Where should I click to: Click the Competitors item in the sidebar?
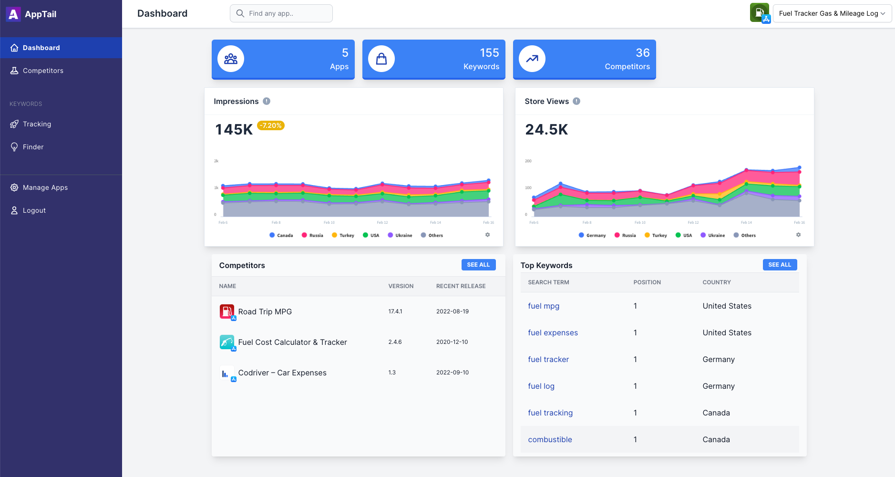43,71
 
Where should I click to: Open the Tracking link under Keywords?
37,124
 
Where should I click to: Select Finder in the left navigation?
33,147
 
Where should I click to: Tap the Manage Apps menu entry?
45,187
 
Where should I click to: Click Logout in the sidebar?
34,210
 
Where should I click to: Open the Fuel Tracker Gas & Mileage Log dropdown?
832,13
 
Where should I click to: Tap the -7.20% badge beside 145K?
270,125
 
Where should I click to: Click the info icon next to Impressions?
267,101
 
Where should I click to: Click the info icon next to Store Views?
576,101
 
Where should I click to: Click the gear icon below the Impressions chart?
487,235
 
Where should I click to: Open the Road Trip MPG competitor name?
265,311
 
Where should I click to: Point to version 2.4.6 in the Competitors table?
395,342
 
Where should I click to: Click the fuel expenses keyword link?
553,332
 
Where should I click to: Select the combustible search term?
550,439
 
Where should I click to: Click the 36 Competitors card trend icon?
532,59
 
